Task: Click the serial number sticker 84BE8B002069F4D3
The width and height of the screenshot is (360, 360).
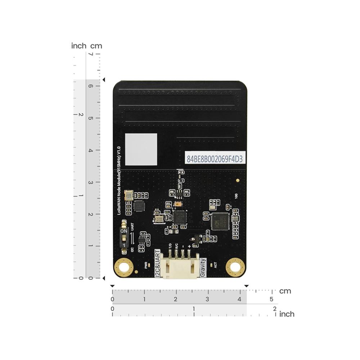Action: point(214,158)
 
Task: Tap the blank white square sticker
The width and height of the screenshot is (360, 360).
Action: point(141,149)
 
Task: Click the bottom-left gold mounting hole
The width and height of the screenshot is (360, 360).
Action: point(123,267)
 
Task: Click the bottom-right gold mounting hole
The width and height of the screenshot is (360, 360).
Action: point(235,267)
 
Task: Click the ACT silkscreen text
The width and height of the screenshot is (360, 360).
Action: point(215,265)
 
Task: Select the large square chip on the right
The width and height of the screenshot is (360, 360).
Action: point(220,221)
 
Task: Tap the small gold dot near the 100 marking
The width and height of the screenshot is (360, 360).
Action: point(237,180)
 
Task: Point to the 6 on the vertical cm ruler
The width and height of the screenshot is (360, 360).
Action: point(91,86)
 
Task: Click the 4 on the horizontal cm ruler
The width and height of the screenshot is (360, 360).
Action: point(239,299)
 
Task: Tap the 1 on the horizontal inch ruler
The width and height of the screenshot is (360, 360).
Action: point(194,309)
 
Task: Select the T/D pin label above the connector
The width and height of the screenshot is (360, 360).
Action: point(170,247)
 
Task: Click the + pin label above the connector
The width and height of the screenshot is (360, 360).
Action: point(189,247)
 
